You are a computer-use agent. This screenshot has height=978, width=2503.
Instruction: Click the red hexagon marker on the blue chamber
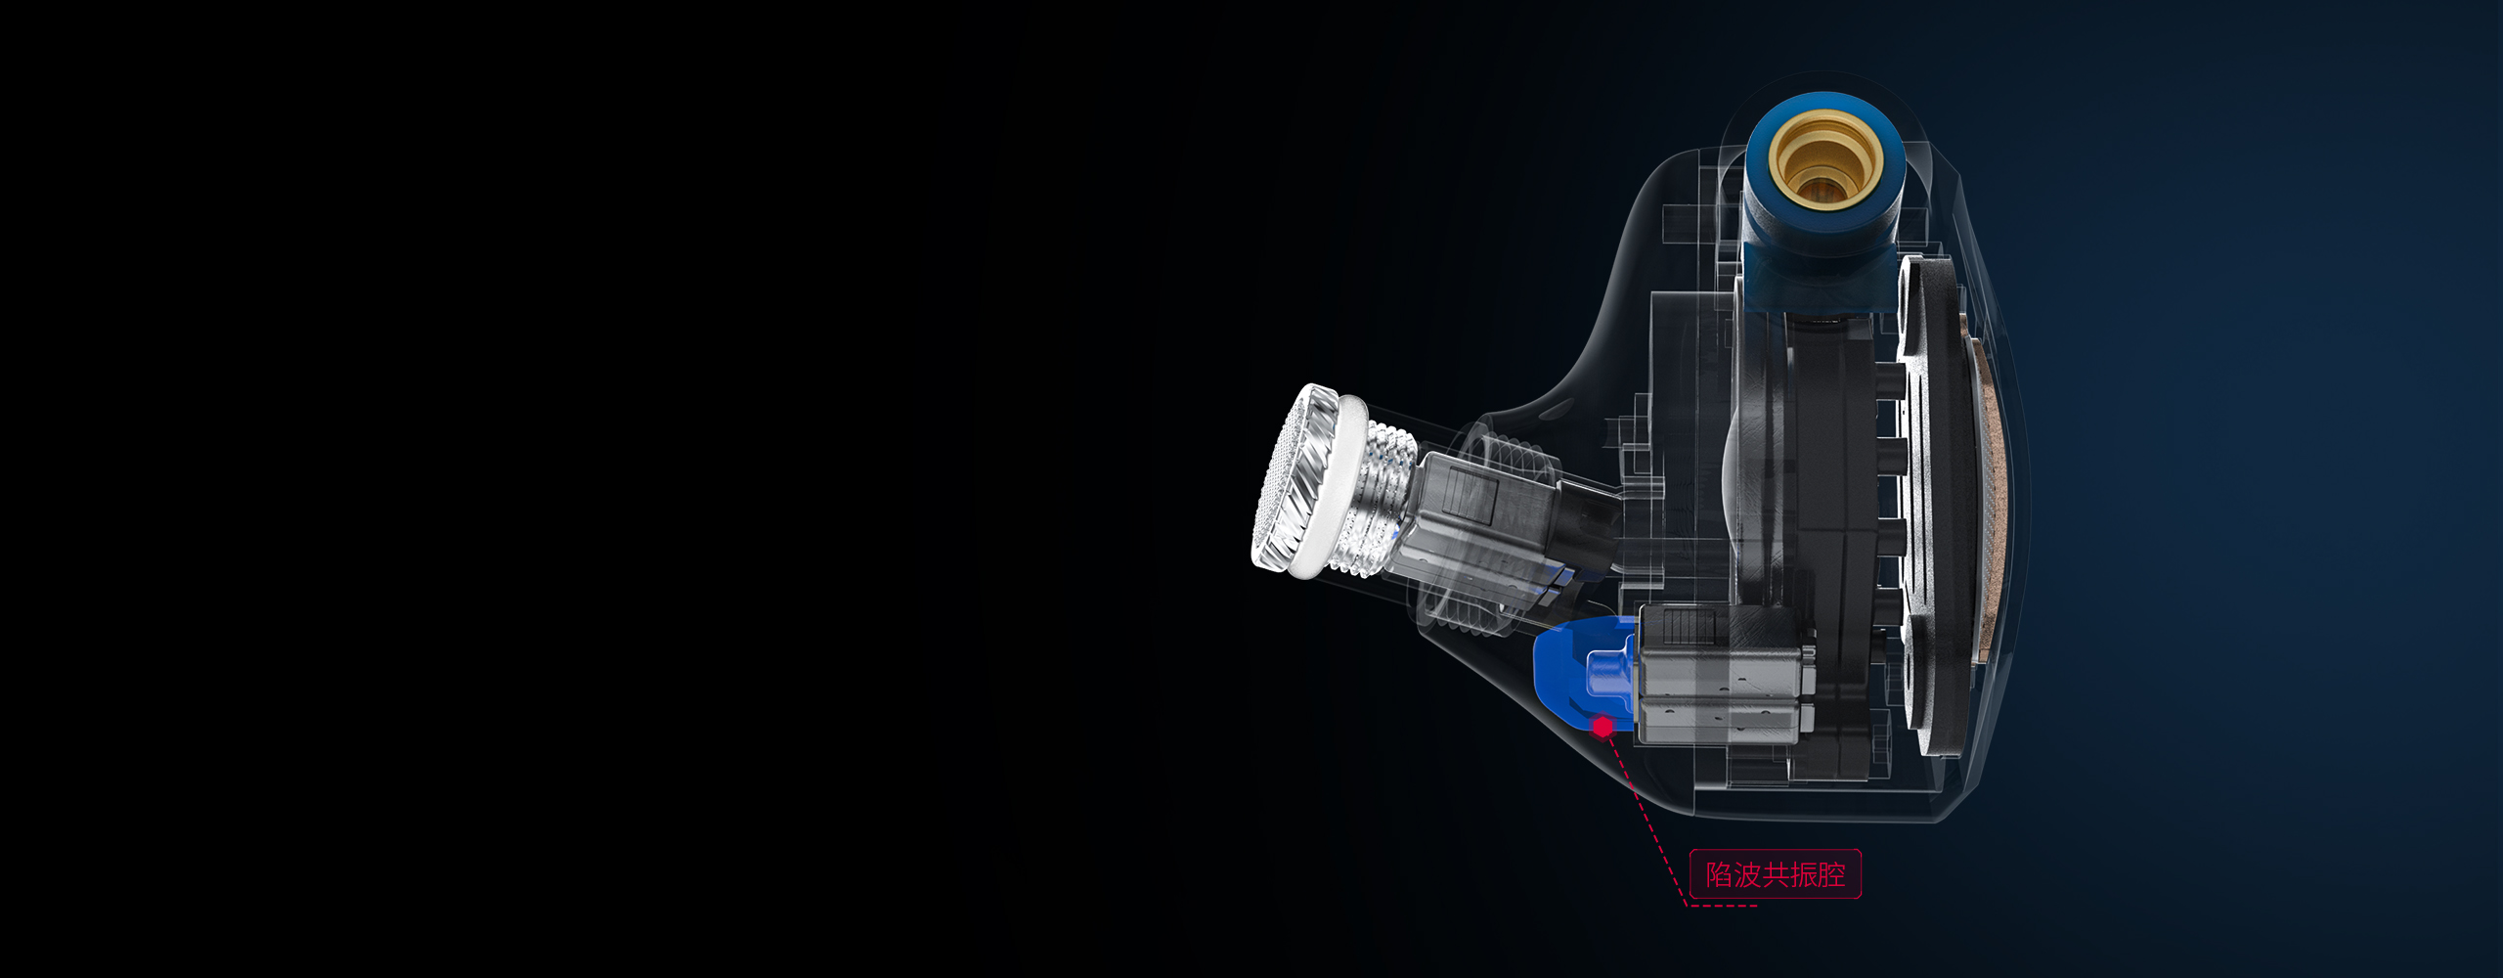tap(1603, 727)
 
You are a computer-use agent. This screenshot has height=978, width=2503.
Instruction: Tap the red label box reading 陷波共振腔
tap(1775, 874)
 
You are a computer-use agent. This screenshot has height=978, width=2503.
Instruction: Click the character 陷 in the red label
tap(1719, 874)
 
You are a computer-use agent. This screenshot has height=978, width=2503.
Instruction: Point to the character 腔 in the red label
tap(1831, 874)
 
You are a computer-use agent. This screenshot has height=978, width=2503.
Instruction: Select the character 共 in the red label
tap(1776, 874)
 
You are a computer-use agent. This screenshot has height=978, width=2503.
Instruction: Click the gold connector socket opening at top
tap(1824, 161)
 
